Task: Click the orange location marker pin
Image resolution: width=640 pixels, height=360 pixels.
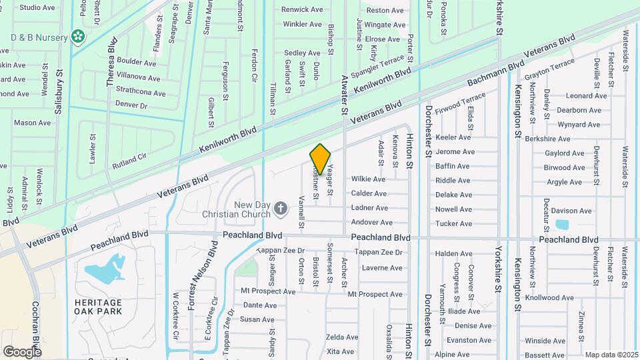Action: point(321,159)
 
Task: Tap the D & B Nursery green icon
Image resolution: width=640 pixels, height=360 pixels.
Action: point(79,36)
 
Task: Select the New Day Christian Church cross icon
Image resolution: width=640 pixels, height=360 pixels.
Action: point(281,209)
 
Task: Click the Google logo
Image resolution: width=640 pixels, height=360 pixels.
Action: point(22,351)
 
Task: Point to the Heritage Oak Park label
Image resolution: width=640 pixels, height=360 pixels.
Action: point(99,307)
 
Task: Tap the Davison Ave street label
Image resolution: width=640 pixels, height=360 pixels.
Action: point(571,211)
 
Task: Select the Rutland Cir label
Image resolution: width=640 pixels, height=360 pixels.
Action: point(129,158)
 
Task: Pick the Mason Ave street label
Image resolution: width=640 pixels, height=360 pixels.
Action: point(33,123)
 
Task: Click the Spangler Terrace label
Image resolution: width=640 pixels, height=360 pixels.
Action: point(378,69)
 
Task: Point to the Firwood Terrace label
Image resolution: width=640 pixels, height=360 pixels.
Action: point(461,103)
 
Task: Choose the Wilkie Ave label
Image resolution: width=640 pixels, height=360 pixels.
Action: point(368,179)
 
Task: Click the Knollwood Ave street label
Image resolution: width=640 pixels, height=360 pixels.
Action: point(549,297)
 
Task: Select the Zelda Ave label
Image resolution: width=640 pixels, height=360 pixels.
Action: point(342,337)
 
